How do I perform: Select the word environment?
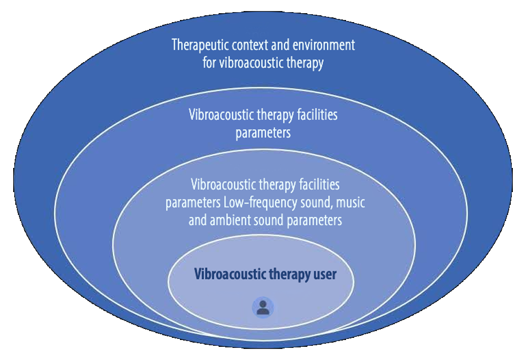click(x=326, y=45)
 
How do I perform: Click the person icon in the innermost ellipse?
click(x=262, y=307)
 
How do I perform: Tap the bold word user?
click(x=325, y=274)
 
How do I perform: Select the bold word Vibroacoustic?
click(x=227, y=274)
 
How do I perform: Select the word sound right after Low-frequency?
click(x=308, y=202)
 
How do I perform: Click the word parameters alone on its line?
click(x=263, y=132)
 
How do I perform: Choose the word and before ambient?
click(x=198, y=219)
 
